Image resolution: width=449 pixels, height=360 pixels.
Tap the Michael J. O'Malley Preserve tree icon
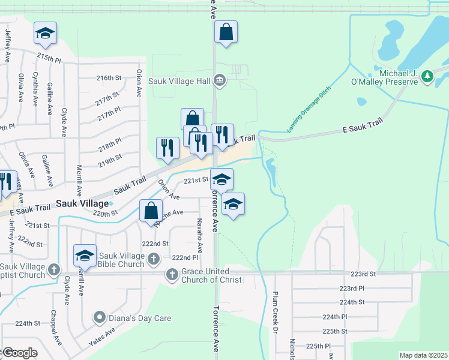coord(427,76)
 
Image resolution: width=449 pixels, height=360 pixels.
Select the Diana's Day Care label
coord(139,318)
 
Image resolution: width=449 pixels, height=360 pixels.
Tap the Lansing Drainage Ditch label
coord(309,109)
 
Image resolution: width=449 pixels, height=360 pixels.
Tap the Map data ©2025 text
coord(423,355)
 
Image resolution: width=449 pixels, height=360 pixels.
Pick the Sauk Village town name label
coord(82,203)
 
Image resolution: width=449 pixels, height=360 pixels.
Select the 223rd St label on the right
coord(363,274)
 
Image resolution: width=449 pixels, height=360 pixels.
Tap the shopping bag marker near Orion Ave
coord(151,211)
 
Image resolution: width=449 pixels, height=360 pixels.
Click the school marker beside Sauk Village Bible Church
coord(85,256)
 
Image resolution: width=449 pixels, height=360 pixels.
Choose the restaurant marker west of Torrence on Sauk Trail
coord(167,148)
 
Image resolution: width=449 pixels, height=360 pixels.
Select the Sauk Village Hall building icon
coord(220,80)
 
